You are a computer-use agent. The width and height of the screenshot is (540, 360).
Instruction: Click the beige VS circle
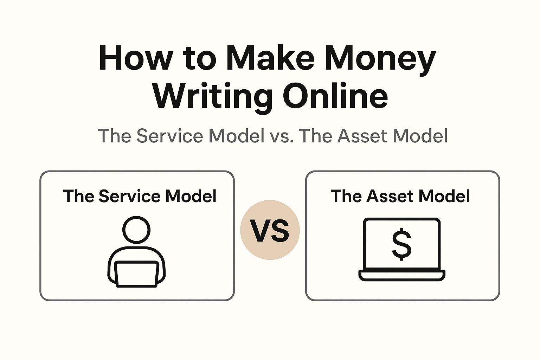[x=270, y=230]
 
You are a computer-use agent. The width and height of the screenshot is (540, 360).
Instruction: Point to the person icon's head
[x=136, y=229]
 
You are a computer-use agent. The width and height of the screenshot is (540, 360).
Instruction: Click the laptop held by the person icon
[x=136, y=274]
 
